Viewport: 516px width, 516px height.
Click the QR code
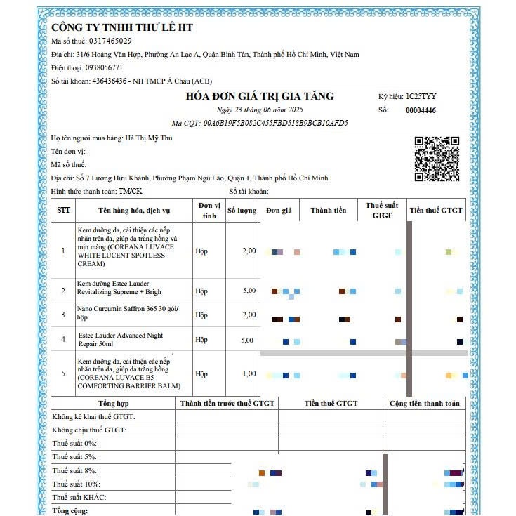click(x=437, y=158)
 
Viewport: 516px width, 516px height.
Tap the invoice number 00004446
click(x=421, y=110)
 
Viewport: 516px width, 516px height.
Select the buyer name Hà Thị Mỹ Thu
click(x=148, y=138)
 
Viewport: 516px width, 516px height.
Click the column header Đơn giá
click(x=279, y=210)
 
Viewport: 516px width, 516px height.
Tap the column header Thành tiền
click(x=329, y=210)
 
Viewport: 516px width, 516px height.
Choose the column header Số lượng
click(x=242, y=210)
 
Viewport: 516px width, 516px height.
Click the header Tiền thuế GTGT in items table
click(x=436, y=210)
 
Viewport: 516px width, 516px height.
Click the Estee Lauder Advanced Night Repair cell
click(x=121, y=340)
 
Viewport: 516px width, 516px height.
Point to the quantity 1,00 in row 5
click(x=249, y=373)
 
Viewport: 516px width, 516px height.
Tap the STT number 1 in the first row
click(x=63, y=251)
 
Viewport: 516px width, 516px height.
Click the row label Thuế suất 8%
click(x=74, y=470)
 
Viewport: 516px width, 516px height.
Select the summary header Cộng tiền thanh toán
click(x=425, y=403)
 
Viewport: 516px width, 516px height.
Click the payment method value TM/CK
click(x=130, y=191)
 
